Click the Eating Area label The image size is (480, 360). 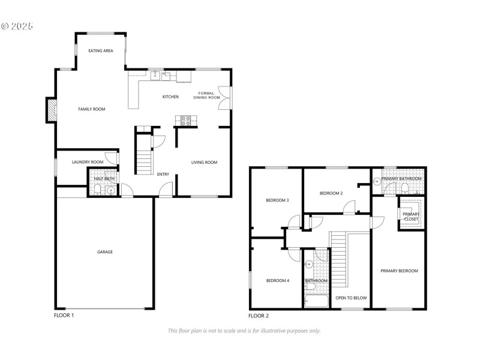coord(101,51)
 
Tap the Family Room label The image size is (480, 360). coord(92,109)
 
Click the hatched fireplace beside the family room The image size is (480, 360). coord(52,110)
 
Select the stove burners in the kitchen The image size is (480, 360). coord(185,121)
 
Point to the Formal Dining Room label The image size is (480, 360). coord(206,95)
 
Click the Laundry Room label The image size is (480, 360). coord(88,162)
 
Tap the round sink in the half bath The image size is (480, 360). coord(110,191)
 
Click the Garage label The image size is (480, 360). coord(105,252)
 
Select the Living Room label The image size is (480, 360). coord(204,162)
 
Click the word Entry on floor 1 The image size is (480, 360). coord(163,174)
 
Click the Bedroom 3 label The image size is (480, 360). coord(277,200)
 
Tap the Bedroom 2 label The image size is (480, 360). coord(331,193)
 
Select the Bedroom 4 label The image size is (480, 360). coord(278,280)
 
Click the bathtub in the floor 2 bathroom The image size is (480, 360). coord(317,301)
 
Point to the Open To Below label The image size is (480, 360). coord(351,298)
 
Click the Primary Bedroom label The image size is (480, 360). coord(399,271)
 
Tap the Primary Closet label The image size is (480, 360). coord(411,217)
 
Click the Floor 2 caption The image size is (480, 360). coord(259,316)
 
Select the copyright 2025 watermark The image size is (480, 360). coord(17,26)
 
